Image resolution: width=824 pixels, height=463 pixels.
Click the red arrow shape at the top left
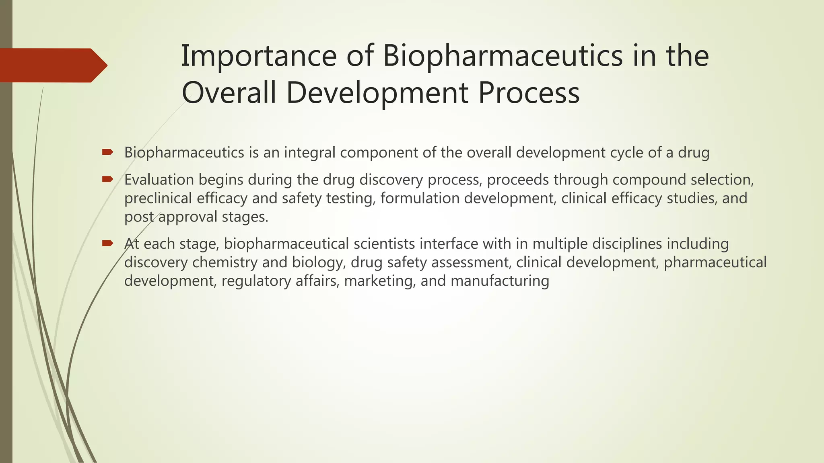52,66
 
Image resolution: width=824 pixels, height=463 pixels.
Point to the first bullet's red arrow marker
107,152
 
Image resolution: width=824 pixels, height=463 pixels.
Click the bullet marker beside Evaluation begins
107,179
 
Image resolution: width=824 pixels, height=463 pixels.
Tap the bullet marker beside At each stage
107,243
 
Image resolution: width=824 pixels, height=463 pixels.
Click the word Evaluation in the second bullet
159,180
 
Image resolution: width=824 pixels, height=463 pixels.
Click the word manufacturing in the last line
500,281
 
